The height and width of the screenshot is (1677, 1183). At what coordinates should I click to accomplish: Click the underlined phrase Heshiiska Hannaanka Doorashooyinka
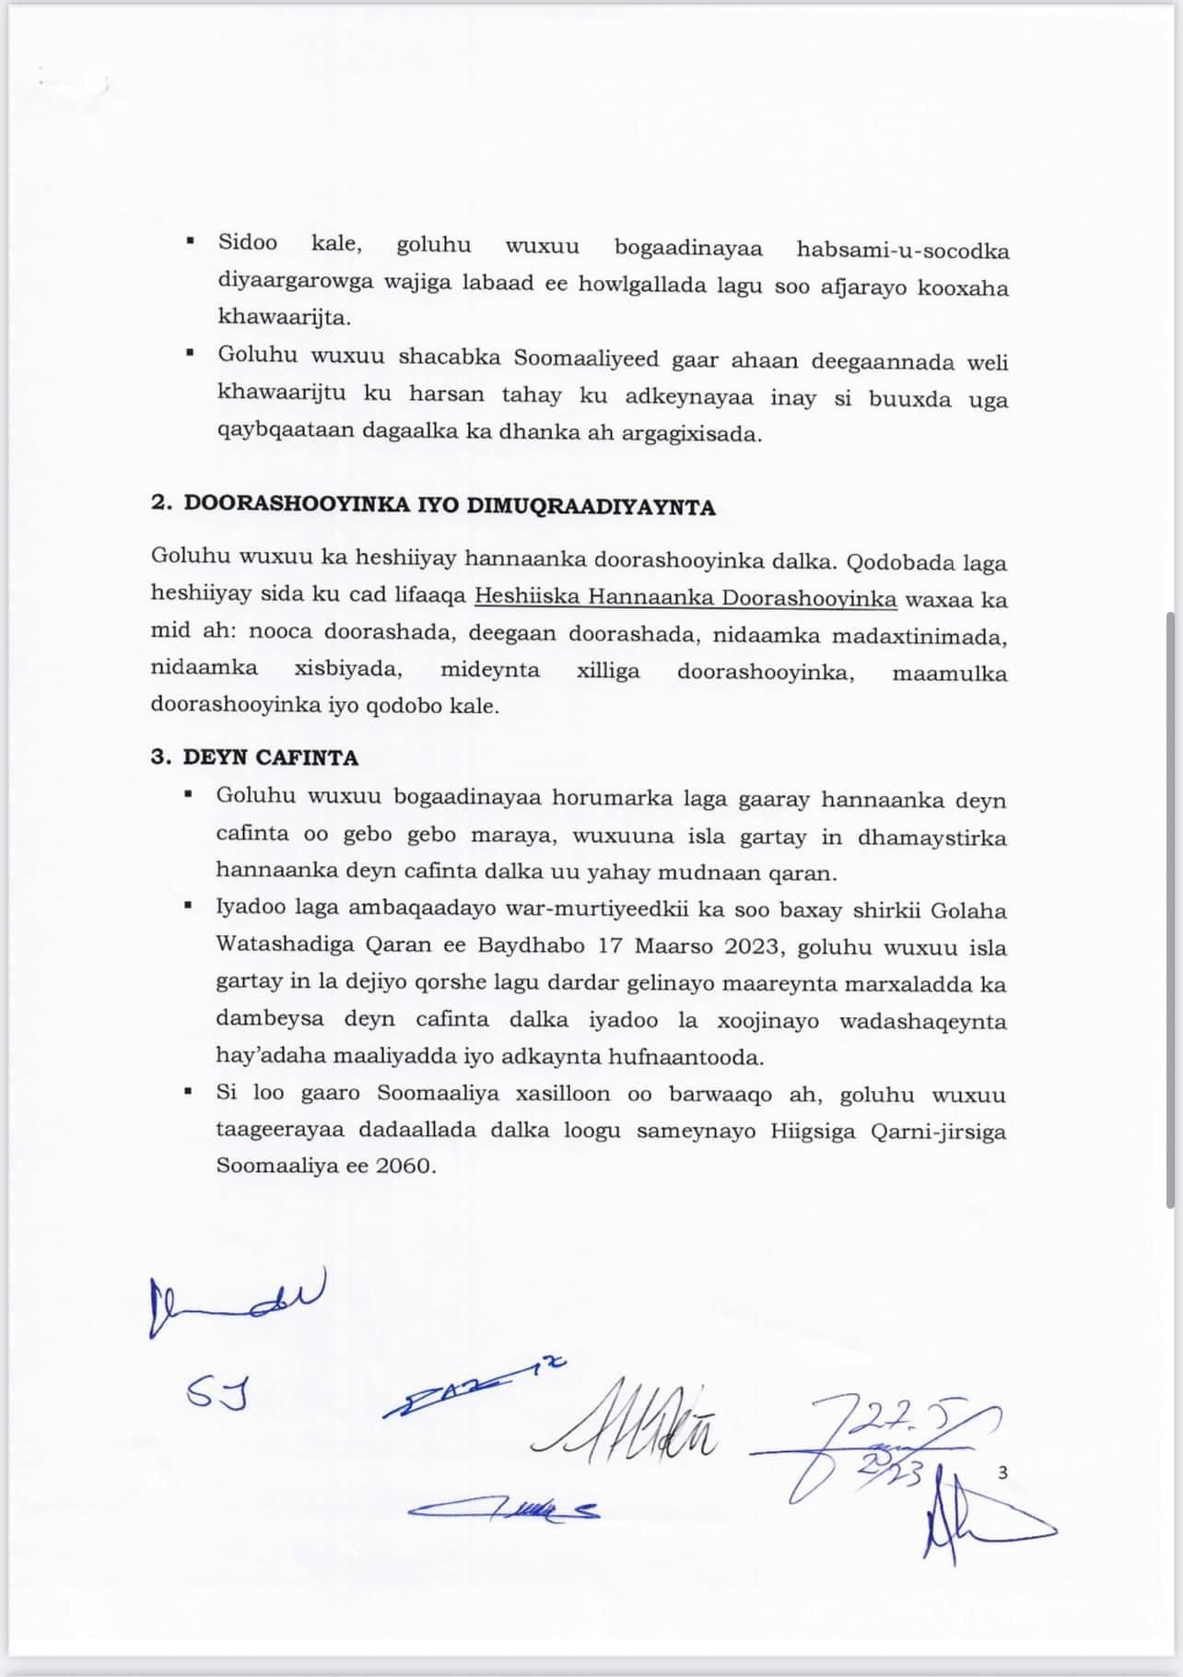pyautogui.click(x=685, y=597)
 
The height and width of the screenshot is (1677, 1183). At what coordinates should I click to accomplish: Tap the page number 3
pyautogui.click(x=1002, y=1472)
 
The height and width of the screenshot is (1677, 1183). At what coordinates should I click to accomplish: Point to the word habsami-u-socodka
pyautogui.click(x=902, y=251)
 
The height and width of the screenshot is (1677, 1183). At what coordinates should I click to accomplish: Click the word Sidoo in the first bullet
pyautogui.click(x=247, y=243)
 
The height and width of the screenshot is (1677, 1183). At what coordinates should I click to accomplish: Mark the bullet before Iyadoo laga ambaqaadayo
pyautogui.click(x=189, y=907)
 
